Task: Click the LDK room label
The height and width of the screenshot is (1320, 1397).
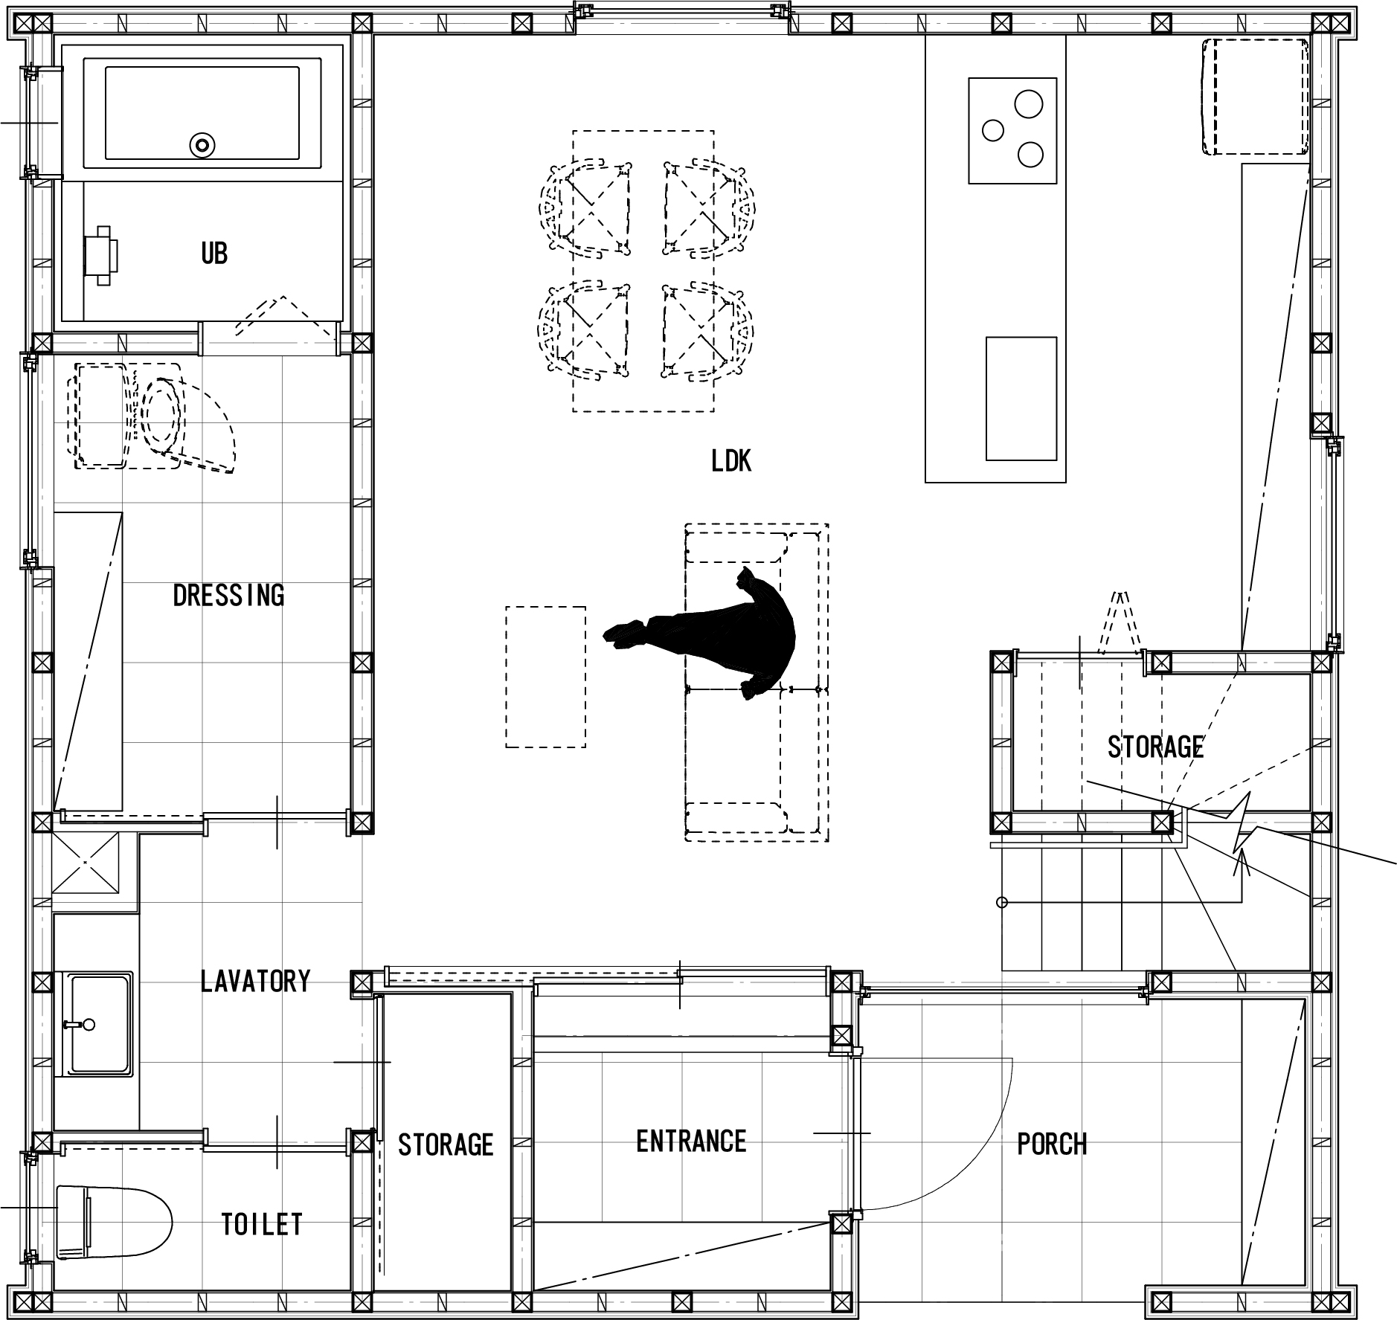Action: (731, 461)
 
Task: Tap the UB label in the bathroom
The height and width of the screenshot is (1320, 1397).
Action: (214, 254)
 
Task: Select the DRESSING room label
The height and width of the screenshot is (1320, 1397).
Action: (228, 595)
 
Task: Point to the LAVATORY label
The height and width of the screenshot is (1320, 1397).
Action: (255, 981)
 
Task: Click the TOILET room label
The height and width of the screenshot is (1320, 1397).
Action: (262, 1223)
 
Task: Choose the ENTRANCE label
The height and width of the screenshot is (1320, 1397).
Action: (691, 1141)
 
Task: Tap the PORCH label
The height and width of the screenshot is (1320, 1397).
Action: (1052, 1144)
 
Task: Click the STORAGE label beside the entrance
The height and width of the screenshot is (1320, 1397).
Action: (446, 1144)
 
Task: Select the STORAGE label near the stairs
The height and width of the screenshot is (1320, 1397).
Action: (1155, 747)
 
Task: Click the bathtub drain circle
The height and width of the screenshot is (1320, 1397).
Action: (202, 145)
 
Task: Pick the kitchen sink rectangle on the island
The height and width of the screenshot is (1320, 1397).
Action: (1021, 399)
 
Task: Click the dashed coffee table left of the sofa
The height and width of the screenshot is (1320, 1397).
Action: (545, 677)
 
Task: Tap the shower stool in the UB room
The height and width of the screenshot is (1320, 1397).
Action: (101, 256)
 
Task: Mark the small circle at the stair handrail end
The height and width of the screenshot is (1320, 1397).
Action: (1001, 903)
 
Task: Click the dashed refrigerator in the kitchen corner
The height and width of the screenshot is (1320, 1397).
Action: (1256, 97)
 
